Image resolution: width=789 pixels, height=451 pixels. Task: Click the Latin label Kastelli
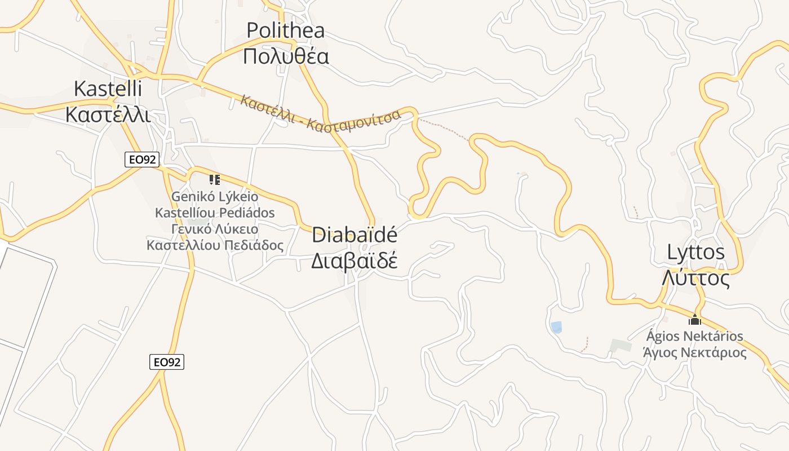tap(108, 89)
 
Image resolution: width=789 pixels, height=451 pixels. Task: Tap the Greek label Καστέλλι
tap(108, 114)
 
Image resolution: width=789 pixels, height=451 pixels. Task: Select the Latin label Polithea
tap(286, 30)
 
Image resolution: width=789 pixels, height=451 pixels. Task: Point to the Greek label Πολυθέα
tap(286, 56)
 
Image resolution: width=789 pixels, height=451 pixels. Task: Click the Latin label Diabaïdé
tap(354, 235)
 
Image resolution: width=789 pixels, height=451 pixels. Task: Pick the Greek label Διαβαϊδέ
tap(354, 261)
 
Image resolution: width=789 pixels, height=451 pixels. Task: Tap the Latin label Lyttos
tap(696, 252)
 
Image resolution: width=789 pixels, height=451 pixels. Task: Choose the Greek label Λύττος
tap(696, 278)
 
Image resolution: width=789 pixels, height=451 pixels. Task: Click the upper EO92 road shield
tap(141, 160)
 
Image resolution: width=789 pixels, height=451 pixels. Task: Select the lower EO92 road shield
tap(167, 362)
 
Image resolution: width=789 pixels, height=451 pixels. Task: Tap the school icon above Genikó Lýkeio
tap(214, 180)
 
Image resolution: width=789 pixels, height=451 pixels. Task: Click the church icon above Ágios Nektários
tap(695, 320)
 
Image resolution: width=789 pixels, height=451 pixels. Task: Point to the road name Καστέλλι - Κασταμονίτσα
tap(320, 115)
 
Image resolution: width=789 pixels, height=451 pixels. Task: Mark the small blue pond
tap(556, 327)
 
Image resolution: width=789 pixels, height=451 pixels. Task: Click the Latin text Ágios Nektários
tap(695, 337)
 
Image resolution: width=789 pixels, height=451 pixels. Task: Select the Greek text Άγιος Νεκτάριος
tap(695, 353)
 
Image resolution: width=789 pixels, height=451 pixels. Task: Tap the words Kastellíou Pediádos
tap(215, 213)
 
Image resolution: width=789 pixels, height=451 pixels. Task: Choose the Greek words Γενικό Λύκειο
tap(215, 229)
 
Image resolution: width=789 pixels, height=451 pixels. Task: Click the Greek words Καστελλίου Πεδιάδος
tap(215, 246)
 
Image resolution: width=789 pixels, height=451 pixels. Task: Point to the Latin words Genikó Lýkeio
tap(215, 197)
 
